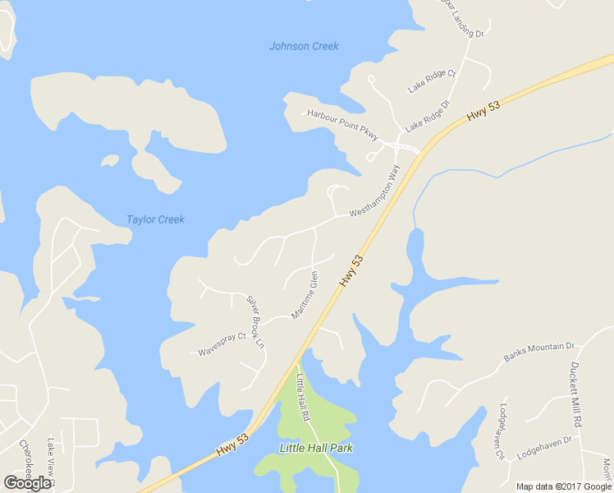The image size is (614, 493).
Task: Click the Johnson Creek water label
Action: point(304,46)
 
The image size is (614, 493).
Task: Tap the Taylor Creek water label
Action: point(155,219)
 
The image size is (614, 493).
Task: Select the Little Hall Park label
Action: point(316,448)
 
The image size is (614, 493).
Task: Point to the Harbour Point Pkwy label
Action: point(342,124)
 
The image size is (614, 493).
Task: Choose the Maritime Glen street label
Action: point(305,295)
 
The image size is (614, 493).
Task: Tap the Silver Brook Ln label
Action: point(256,321)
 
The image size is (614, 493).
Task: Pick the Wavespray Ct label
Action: point(222,344)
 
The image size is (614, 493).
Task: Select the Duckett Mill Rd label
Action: point(576,394)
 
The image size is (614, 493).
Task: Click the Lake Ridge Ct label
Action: point(432,81)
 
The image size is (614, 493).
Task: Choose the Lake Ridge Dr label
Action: point(428,116)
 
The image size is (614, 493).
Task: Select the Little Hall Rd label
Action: point(302,396)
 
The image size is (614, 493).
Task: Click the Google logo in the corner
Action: point(28,483)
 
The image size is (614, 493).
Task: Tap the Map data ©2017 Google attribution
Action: point(564,486)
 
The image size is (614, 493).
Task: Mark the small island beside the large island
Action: point(109,159)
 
